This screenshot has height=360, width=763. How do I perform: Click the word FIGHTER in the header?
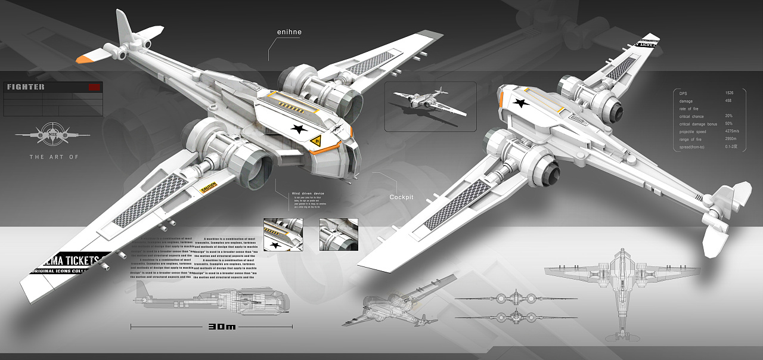(x=26, y=87)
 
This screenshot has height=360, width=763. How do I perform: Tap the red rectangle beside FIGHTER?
(x=93, y=87)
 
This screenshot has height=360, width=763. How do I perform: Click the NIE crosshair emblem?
(x=52, y=135)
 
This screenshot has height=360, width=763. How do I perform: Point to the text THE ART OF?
(x=54, y=157)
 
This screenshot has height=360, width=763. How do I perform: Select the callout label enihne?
(x=289, y=32)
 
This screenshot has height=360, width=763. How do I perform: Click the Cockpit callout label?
(x=401, y=197)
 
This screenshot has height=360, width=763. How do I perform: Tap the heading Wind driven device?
(x=308, y=194)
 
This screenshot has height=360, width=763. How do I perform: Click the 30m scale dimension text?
(x=222, y=327)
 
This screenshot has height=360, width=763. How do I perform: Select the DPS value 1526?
(x=729, y=94)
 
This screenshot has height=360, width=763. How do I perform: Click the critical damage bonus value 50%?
(x=728, y=124)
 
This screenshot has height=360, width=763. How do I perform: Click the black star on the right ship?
(x=521, y=104)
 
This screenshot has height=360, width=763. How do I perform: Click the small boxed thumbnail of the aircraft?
(x=430, y=106)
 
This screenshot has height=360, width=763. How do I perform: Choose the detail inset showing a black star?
(x=283, y=234)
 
